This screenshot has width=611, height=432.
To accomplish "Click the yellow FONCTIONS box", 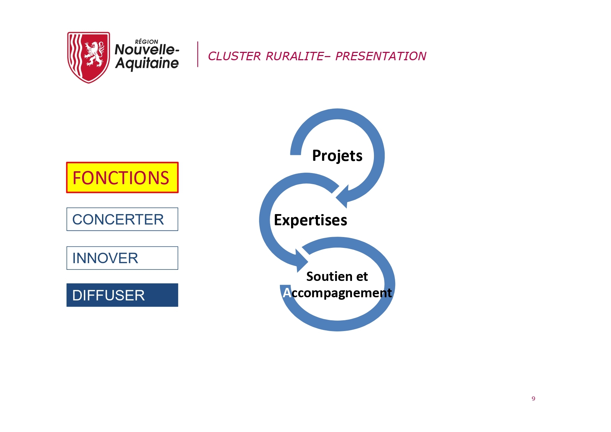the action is pos(122,178).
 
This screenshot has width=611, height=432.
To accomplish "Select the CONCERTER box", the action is pos(122,219).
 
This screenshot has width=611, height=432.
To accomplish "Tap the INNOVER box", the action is pos(122,258).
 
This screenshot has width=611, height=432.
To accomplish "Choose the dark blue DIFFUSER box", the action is pos(122,295).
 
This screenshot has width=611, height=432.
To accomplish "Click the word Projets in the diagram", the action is pos(337,156).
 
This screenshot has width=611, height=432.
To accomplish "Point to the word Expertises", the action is pos(311,220).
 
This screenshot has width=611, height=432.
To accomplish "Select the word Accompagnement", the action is pos(337,293).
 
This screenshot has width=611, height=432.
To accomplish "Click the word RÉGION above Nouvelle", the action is pos(147,42).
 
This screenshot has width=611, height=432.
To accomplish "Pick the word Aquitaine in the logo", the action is pos(147,63).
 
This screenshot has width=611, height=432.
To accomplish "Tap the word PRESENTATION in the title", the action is pos(381,56).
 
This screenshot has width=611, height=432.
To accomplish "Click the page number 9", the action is pos(533,399).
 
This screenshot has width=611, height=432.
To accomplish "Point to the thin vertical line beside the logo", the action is pos(198,54).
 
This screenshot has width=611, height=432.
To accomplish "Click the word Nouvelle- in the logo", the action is pos(147,49).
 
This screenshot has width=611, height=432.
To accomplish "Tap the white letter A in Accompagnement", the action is pos(287,293).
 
